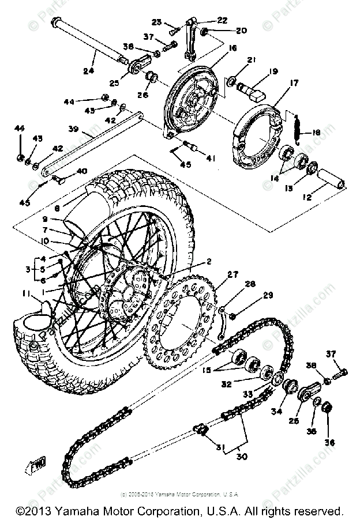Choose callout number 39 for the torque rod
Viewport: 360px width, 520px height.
click(74, 129)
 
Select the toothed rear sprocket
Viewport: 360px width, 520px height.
click(185, 323)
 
